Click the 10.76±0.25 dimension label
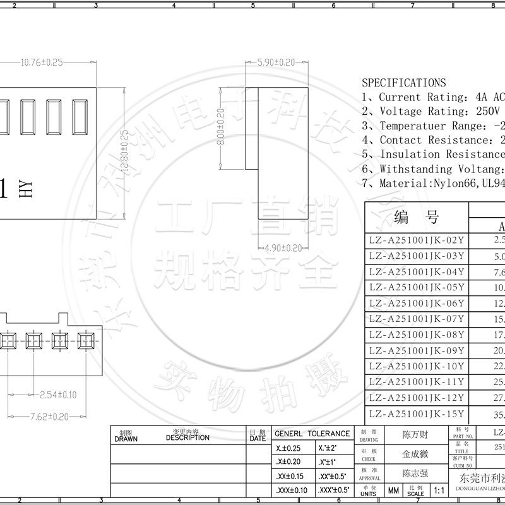point(42,62)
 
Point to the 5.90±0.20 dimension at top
point(276,62)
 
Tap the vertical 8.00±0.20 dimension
point(221,127)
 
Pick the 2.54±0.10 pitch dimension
point(57,395)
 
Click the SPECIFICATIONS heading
point(403,83)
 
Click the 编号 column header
point(416,218)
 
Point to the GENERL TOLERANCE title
point(312,434)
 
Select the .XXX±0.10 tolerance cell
point(292,490)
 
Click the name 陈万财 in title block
point(415,435)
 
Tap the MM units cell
point(393,490)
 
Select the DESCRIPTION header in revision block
point(188,437)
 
